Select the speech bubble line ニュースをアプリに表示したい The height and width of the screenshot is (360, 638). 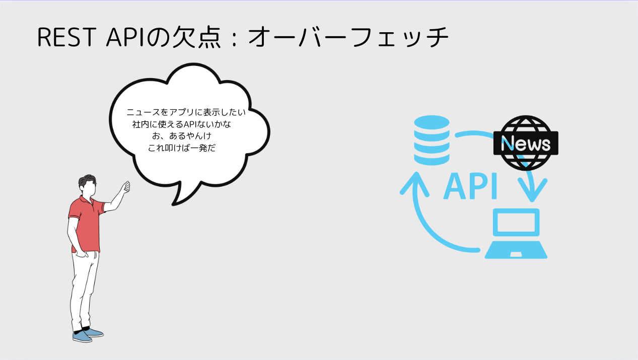point(186,113)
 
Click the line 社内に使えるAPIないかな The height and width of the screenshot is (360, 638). point(182,124)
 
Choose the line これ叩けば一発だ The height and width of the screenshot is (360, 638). point(182,149)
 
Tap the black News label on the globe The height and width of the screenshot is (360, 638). point(526,145)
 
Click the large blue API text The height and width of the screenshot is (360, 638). point(471,186)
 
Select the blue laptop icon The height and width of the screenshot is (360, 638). point(516,234)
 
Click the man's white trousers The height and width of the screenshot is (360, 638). point(84,287)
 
